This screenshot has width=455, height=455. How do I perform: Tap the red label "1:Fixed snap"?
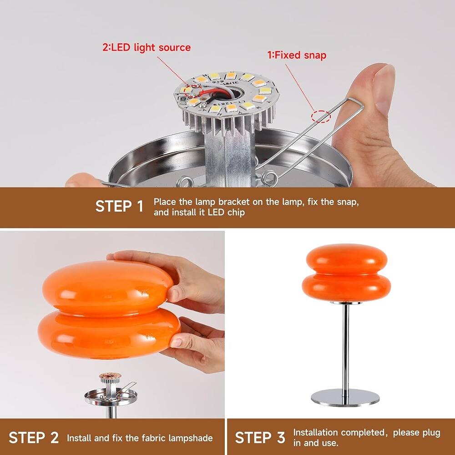point(296,55)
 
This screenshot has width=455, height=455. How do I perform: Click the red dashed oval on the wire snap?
point(321,116)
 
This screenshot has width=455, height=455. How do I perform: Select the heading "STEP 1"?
point(119,207)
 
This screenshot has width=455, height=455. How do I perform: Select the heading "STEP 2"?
point(34,438)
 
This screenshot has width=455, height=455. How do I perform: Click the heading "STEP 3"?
point(260,438)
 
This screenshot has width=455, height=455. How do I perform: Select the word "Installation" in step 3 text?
point(315,432)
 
